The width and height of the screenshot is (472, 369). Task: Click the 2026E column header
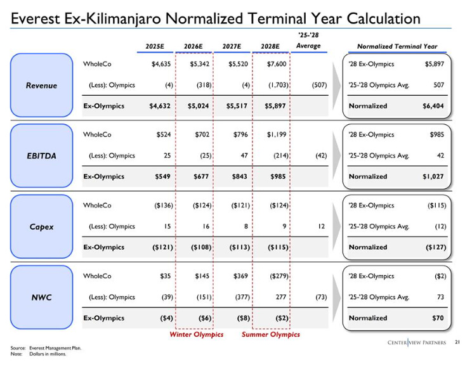(x=193, y=46)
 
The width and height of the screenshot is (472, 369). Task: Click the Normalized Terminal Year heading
(x=397, y=46)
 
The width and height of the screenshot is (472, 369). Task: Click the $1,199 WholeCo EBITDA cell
(x=275, y=134)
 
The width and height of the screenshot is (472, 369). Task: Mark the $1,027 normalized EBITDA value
(x=431, y=177)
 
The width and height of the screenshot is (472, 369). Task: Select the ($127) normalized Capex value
(x=432, y=247)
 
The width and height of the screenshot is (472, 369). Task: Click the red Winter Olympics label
(x=196, y=334)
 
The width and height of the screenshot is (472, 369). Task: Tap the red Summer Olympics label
(x=271, y=334)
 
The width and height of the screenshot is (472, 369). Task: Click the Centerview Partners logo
(x=417, y=343)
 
